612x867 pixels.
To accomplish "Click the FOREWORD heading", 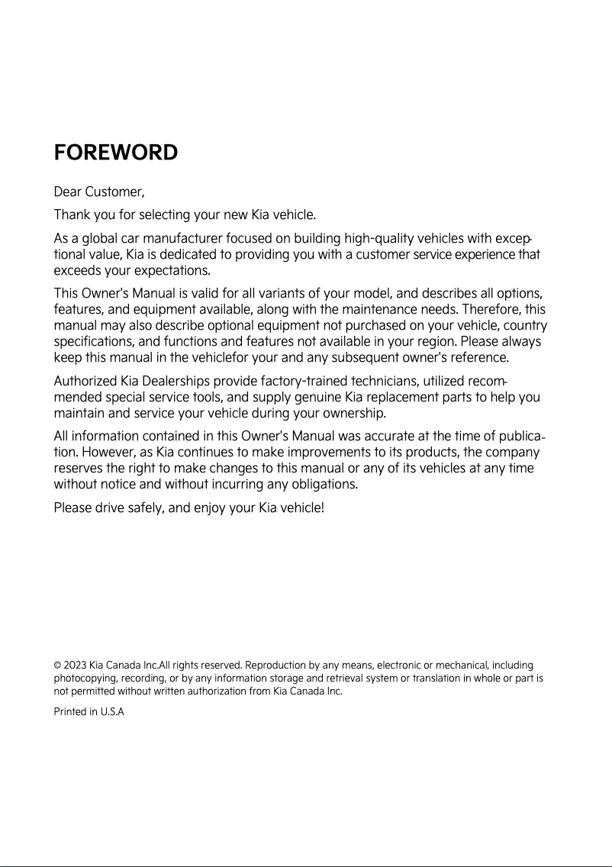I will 116,153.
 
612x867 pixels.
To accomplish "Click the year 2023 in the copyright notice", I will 76,666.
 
